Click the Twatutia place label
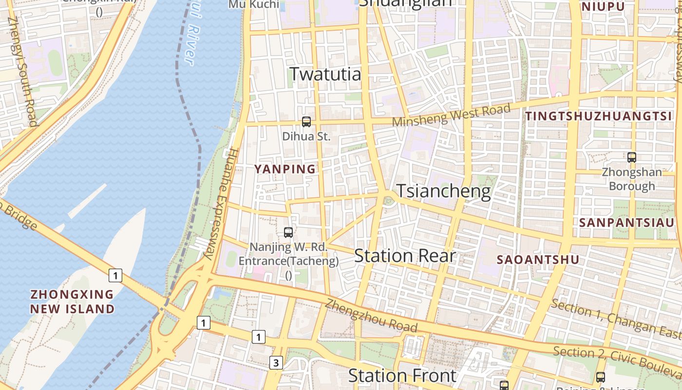coord(325,74)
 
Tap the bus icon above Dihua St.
coord(306,122)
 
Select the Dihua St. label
coord(306,136)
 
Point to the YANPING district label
coord(285,169)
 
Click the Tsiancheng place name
coord(443,191)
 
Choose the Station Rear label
coord(405,256)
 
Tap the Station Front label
coord(402,375)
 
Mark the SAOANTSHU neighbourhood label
coord(538,260)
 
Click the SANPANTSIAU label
coord(626,222)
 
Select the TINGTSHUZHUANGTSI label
coord(598,116)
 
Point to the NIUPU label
coord(603,7)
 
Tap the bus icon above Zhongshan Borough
coord(632,157)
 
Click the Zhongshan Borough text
coord(632,179)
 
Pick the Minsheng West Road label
coord(452,115)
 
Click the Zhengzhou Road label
coord(372,315)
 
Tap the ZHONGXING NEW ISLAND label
coord(72,302)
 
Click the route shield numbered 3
coord(276,363)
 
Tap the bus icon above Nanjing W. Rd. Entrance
coord(288,233)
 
